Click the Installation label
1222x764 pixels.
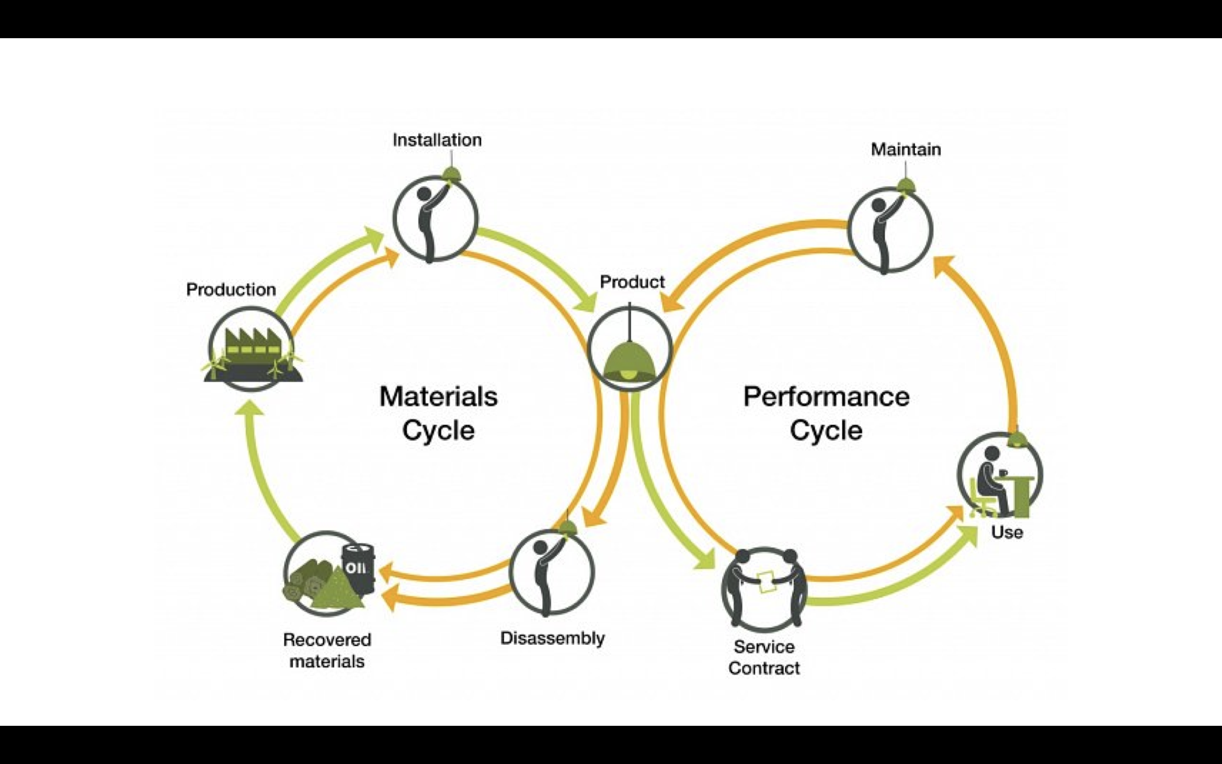437,140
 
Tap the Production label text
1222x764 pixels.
231,289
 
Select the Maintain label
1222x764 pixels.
906,149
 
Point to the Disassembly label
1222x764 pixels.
552,638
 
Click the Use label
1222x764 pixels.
1007,532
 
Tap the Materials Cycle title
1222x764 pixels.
438,413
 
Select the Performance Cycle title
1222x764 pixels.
826,413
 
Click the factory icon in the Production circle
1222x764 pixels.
252,348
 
